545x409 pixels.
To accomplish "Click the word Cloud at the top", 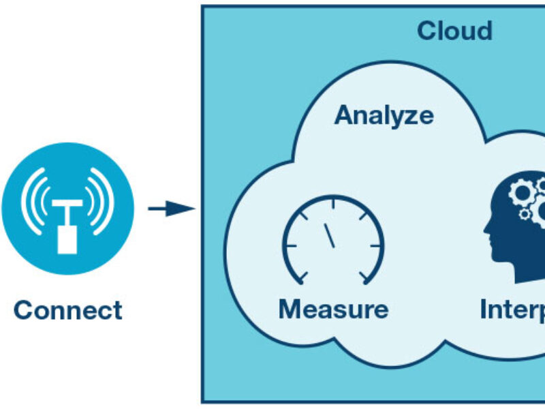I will click(454, 31).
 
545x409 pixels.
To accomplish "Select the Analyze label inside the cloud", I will click(384, 115).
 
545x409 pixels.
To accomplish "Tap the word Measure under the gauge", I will click(333, 309).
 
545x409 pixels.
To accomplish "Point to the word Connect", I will click(68, 310).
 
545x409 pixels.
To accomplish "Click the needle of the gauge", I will click(330, 235).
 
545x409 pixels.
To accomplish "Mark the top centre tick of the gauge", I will click(334, 202).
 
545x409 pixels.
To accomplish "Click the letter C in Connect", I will click(23, 310).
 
